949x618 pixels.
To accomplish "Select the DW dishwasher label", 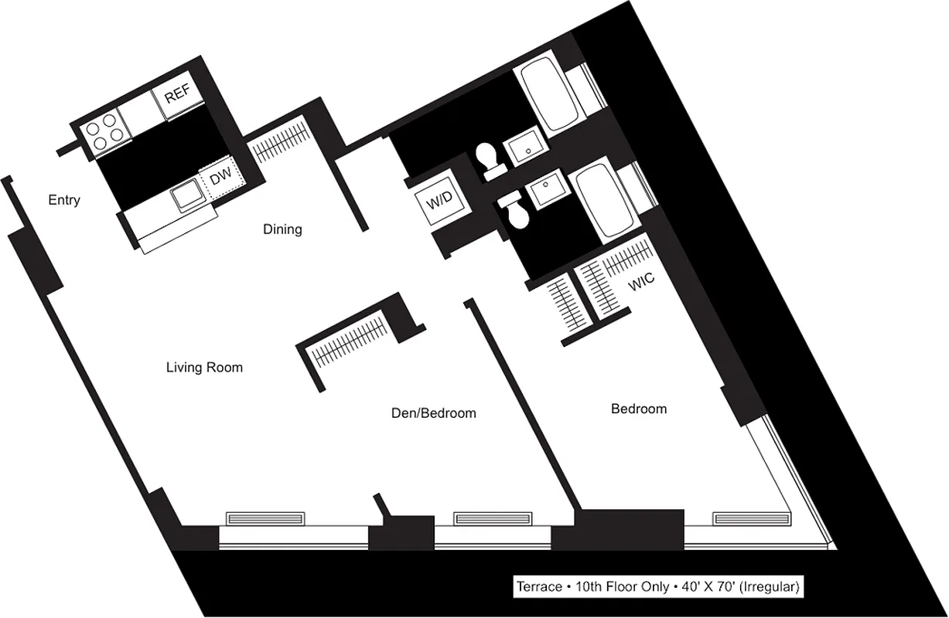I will click(x=222, y=178).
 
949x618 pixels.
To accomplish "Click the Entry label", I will click(x=64, y=201).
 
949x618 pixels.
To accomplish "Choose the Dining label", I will click(x=282, y=229).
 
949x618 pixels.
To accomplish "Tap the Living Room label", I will click(x=204, y=368).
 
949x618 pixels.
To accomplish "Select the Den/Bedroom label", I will click(x=433, y=413).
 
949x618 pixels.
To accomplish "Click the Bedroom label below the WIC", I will click(x=639, y=409).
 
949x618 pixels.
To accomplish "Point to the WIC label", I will click(x=641, y=283).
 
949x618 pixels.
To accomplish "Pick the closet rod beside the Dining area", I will click(x=278, y=140).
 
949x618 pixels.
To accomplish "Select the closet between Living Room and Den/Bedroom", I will click(x=348, y=341).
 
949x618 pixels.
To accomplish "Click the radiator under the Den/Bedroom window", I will click(x=492, y=518).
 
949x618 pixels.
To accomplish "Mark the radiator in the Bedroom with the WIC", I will click(x=749, y=518).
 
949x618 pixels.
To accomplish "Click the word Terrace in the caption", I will click(x=540, y=587).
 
